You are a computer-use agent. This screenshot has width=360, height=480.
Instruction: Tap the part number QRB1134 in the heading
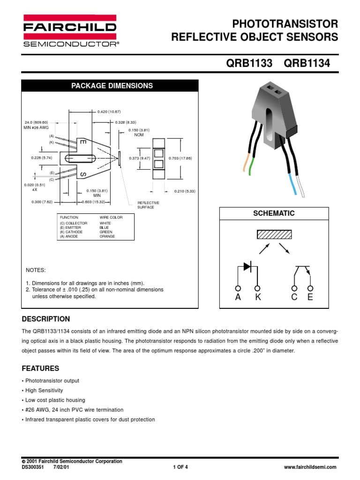click(307, 64)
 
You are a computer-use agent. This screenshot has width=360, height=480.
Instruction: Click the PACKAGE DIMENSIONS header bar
click(112, 86)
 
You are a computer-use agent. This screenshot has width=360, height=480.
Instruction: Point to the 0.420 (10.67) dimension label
click(109, 112)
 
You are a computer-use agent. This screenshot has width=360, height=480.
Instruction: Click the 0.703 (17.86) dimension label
click(180, 158)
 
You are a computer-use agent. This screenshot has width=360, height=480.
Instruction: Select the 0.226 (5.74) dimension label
click(42, 158)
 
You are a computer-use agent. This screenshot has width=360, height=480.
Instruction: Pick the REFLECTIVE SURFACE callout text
click(148, 205)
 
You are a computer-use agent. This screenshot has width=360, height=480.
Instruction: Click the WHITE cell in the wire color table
click(105, 223)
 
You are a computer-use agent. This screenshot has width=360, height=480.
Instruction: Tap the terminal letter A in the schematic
click(238, 297)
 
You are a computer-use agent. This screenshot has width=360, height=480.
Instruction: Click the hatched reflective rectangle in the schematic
click(274, 234)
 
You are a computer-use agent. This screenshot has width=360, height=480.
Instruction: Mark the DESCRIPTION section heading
click(46, 319)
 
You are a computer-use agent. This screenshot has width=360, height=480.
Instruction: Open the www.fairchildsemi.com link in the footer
click(310, 467)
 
